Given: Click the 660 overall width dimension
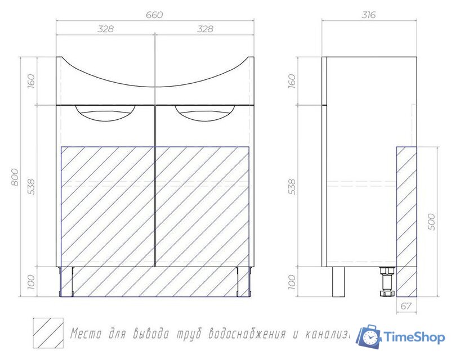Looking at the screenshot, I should pos(154,15).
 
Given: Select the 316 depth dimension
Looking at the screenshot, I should pos(369,15).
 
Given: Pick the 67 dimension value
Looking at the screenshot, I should pos(407,306).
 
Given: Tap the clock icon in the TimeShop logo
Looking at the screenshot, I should pos(370,337).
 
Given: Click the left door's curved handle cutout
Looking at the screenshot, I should pos(105,113).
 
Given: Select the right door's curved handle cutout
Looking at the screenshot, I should pos(203,113).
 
